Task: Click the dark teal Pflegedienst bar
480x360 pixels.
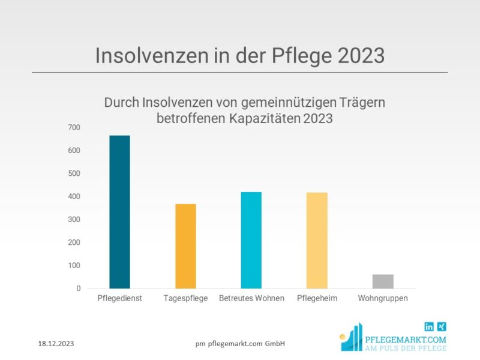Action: [119, 212]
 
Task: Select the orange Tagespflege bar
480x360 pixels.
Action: [185, 246]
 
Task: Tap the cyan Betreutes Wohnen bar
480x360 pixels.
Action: [251, 240]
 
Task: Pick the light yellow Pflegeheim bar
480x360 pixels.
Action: [317, 240]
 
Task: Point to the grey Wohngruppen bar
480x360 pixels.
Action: [383, 281]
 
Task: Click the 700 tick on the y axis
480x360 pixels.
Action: [74, 127]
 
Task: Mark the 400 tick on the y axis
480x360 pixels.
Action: [74, 197]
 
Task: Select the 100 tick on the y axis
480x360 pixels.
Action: [74, 266]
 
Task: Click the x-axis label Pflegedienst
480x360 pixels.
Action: [119, 298]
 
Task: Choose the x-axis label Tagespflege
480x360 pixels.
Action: [185, 298]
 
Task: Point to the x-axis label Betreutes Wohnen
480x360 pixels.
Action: [251, 298]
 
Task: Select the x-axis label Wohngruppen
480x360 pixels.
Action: [383, 298]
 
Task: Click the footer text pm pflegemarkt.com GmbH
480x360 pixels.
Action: [240, 344]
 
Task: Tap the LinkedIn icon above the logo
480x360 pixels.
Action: [429, 327]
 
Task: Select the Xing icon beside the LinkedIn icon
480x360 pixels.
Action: [442, 327]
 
